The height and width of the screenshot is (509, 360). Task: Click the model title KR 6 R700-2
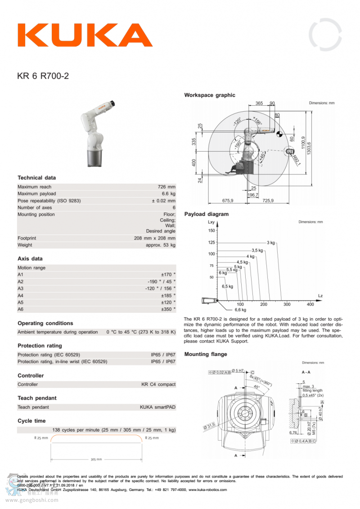(43, 76)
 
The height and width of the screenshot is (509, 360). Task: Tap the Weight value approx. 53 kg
(161, 245)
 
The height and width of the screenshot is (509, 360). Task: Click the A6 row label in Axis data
(20, 310)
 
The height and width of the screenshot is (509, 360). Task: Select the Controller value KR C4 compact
(158, 384)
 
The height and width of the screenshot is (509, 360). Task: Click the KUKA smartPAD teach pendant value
(157, 407)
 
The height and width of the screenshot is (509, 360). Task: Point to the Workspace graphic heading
(210, 95)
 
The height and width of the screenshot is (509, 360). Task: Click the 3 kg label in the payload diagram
(270, 243)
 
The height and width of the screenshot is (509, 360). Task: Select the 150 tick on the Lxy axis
(211, 231)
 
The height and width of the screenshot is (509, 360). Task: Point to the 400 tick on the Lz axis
(310, 304)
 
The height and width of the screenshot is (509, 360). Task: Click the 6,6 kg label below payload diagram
(240, 310)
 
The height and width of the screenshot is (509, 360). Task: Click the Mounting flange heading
(206, 354)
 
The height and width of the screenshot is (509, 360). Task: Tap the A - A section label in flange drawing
(306, 372)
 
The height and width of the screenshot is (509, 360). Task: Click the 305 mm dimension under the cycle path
(96, 459)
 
